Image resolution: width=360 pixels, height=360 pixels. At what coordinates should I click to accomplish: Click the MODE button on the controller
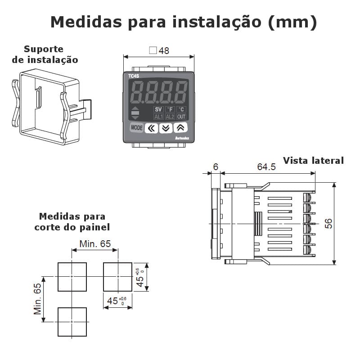(x=136, y=128)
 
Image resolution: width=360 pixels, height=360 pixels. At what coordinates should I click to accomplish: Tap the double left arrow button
(x=152, y=128)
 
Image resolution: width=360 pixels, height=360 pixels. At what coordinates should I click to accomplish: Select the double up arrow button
(x=180, y=128)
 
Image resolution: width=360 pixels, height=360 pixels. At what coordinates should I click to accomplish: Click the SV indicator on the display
(x=158, y=109)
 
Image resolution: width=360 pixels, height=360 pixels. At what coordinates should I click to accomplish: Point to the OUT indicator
(x=181, y=117)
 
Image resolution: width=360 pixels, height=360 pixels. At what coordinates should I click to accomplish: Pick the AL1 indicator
(x=158, y=117)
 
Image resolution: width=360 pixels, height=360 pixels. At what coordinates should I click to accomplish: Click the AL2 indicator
(x=170, y=117)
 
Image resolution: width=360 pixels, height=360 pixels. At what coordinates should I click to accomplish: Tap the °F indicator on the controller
(x=170, y=109)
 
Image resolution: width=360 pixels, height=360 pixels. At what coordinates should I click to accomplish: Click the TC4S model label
(x=134, y=76)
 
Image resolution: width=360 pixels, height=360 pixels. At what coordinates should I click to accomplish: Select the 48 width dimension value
(x=164, y=51)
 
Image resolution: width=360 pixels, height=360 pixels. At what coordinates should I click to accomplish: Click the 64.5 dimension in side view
(x=266, y=167)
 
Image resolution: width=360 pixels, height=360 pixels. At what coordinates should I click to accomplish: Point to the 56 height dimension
(x=329, y=223)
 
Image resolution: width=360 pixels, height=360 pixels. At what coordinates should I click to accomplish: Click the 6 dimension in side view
(x=216, y=167)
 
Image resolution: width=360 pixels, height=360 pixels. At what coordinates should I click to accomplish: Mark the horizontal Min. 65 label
(x=95, y=244)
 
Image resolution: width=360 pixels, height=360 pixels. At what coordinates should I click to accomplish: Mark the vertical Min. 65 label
(x=38, y=299)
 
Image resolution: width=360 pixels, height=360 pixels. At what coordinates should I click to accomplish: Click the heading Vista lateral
(x=313, y=161)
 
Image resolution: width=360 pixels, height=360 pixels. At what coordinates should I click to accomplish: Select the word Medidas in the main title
(x=86, y=22)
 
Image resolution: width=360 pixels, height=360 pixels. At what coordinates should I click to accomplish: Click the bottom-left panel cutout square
(x=72, y=322)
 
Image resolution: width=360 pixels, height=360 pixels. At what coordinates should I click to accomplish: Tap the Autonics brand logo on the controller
(x=181, y=139)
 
